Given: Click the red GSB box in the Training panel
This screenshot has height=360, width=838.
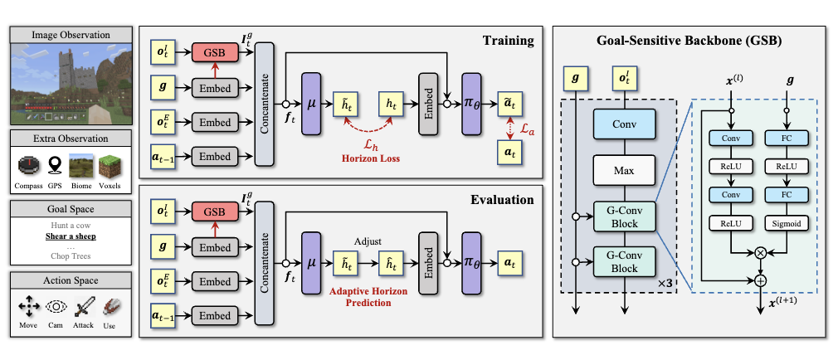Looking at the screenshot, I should (x=215, y=53).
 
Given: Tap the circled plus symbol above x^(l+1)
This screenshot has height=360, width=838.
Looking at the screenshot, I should (x=759, y=280).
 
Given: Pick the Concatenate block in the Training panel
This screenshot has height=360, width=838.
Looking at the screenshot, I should (x=266, y=100).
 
